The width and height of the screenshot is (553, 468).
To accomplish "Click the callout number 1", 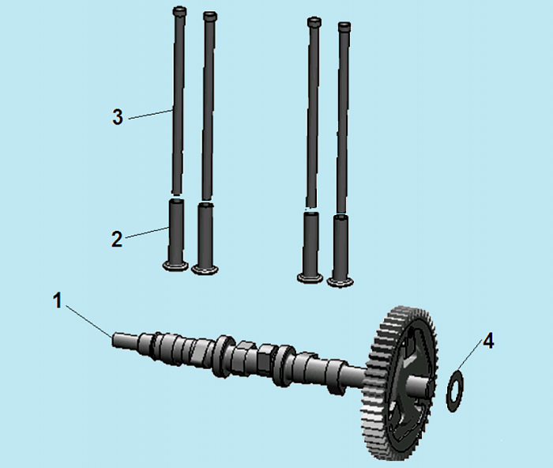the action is [58, 301].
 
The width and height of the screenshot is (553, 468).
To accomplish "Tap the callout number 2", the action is [117, 239].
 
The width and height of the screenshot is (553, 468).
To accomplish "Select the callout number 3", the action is [118, 117].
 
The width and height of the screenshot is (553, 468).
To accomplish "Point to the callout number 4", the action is [488, 342].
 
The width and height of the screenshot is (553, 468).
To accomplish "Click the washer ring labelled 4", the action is [447, 391].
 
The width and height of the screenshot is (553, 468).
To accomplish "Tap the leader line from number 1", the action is [88, 321].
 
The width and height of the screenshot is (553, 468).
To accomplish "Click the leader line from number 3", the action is [151, 115].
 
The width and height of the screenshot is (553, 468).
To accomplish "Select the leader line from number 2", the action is [147, 233].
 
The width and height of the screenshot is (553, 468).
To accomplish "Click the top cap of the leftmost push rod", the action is [179, 11].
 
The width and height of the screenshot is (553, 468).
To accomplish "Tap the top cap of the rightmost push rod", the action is [344, 27].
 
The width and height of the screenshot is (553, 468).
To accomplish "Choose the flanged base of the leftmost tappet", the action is [175, 266].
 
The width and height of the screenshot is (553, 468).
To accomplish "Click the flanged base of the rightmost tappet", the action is [340, 282].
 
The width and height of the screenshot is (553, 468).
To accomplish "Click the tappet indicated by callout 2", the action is [175, 235].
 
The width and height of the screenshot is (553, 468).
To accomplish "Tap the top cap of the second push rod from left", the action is [210, 17].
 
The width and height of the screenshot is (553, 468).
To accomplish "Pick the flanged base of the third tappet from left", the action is [310, 277].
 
